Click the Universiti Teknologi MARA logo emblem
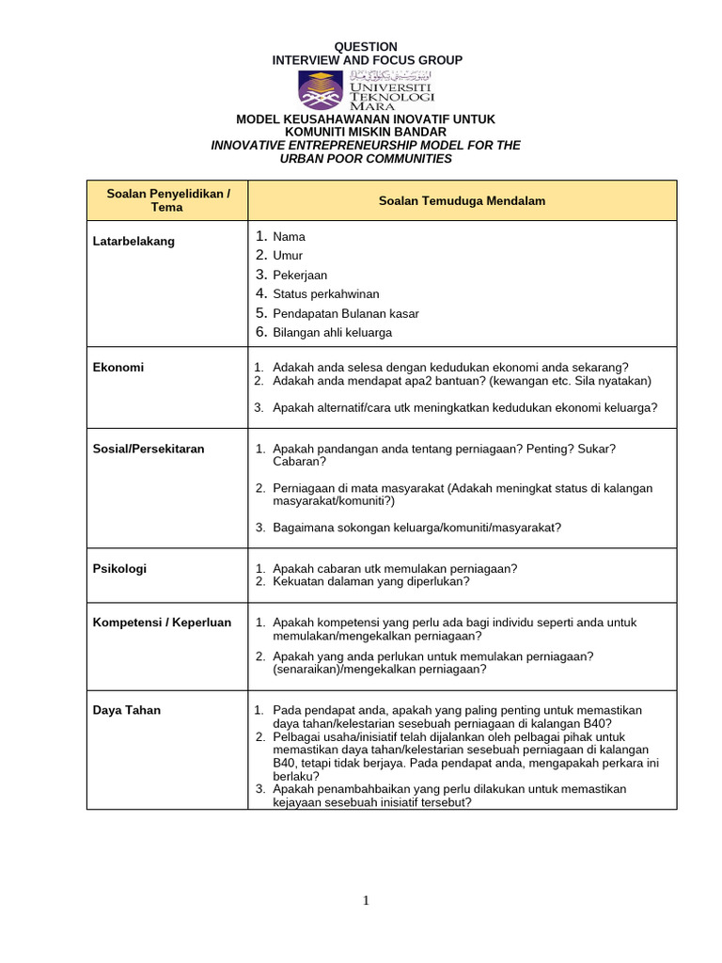tap(322, 89)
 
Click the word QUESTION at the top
tap(367, 47)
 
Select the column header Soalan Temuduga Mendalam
tap(462, 201)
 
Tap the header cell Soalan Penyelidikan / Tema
tap(167, 200)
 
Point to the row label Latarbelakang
tap(133, 242)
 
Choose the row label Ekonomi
tap(118, 368)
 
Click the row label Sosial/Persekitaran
tap(149, 449)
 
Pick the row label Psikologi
tap(119, 569)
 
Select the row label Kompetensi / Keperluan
tap(162, 623)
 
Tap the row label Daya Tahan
tap(127, 710)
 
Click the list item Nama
tap(289, 237)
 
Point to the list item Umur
tap(288, 256)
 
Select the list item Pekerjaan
tap(300, 276)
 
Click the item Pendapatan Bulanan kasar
tap(345, 313)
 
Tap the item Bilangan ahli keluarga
tap(332, 333)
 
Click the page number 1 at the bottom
tap(367, 901)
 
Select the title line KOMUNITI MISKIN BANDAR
tap(366, 133)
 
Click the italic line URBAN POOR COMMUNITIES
tap(366, 159)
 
